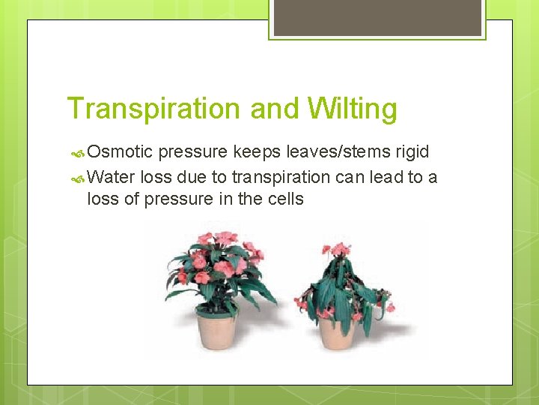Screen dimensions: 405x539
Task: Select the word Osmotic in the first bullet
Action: point(121,152)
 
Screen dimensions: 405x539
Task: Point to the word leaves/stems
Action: point(326,152)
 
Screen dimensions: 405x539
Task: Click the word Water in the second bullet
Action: point(111,177)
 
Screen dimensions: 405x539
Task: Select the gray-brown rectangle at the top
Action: point(377,17)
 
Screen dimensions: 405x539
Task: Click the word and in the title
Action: point(273,109)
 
